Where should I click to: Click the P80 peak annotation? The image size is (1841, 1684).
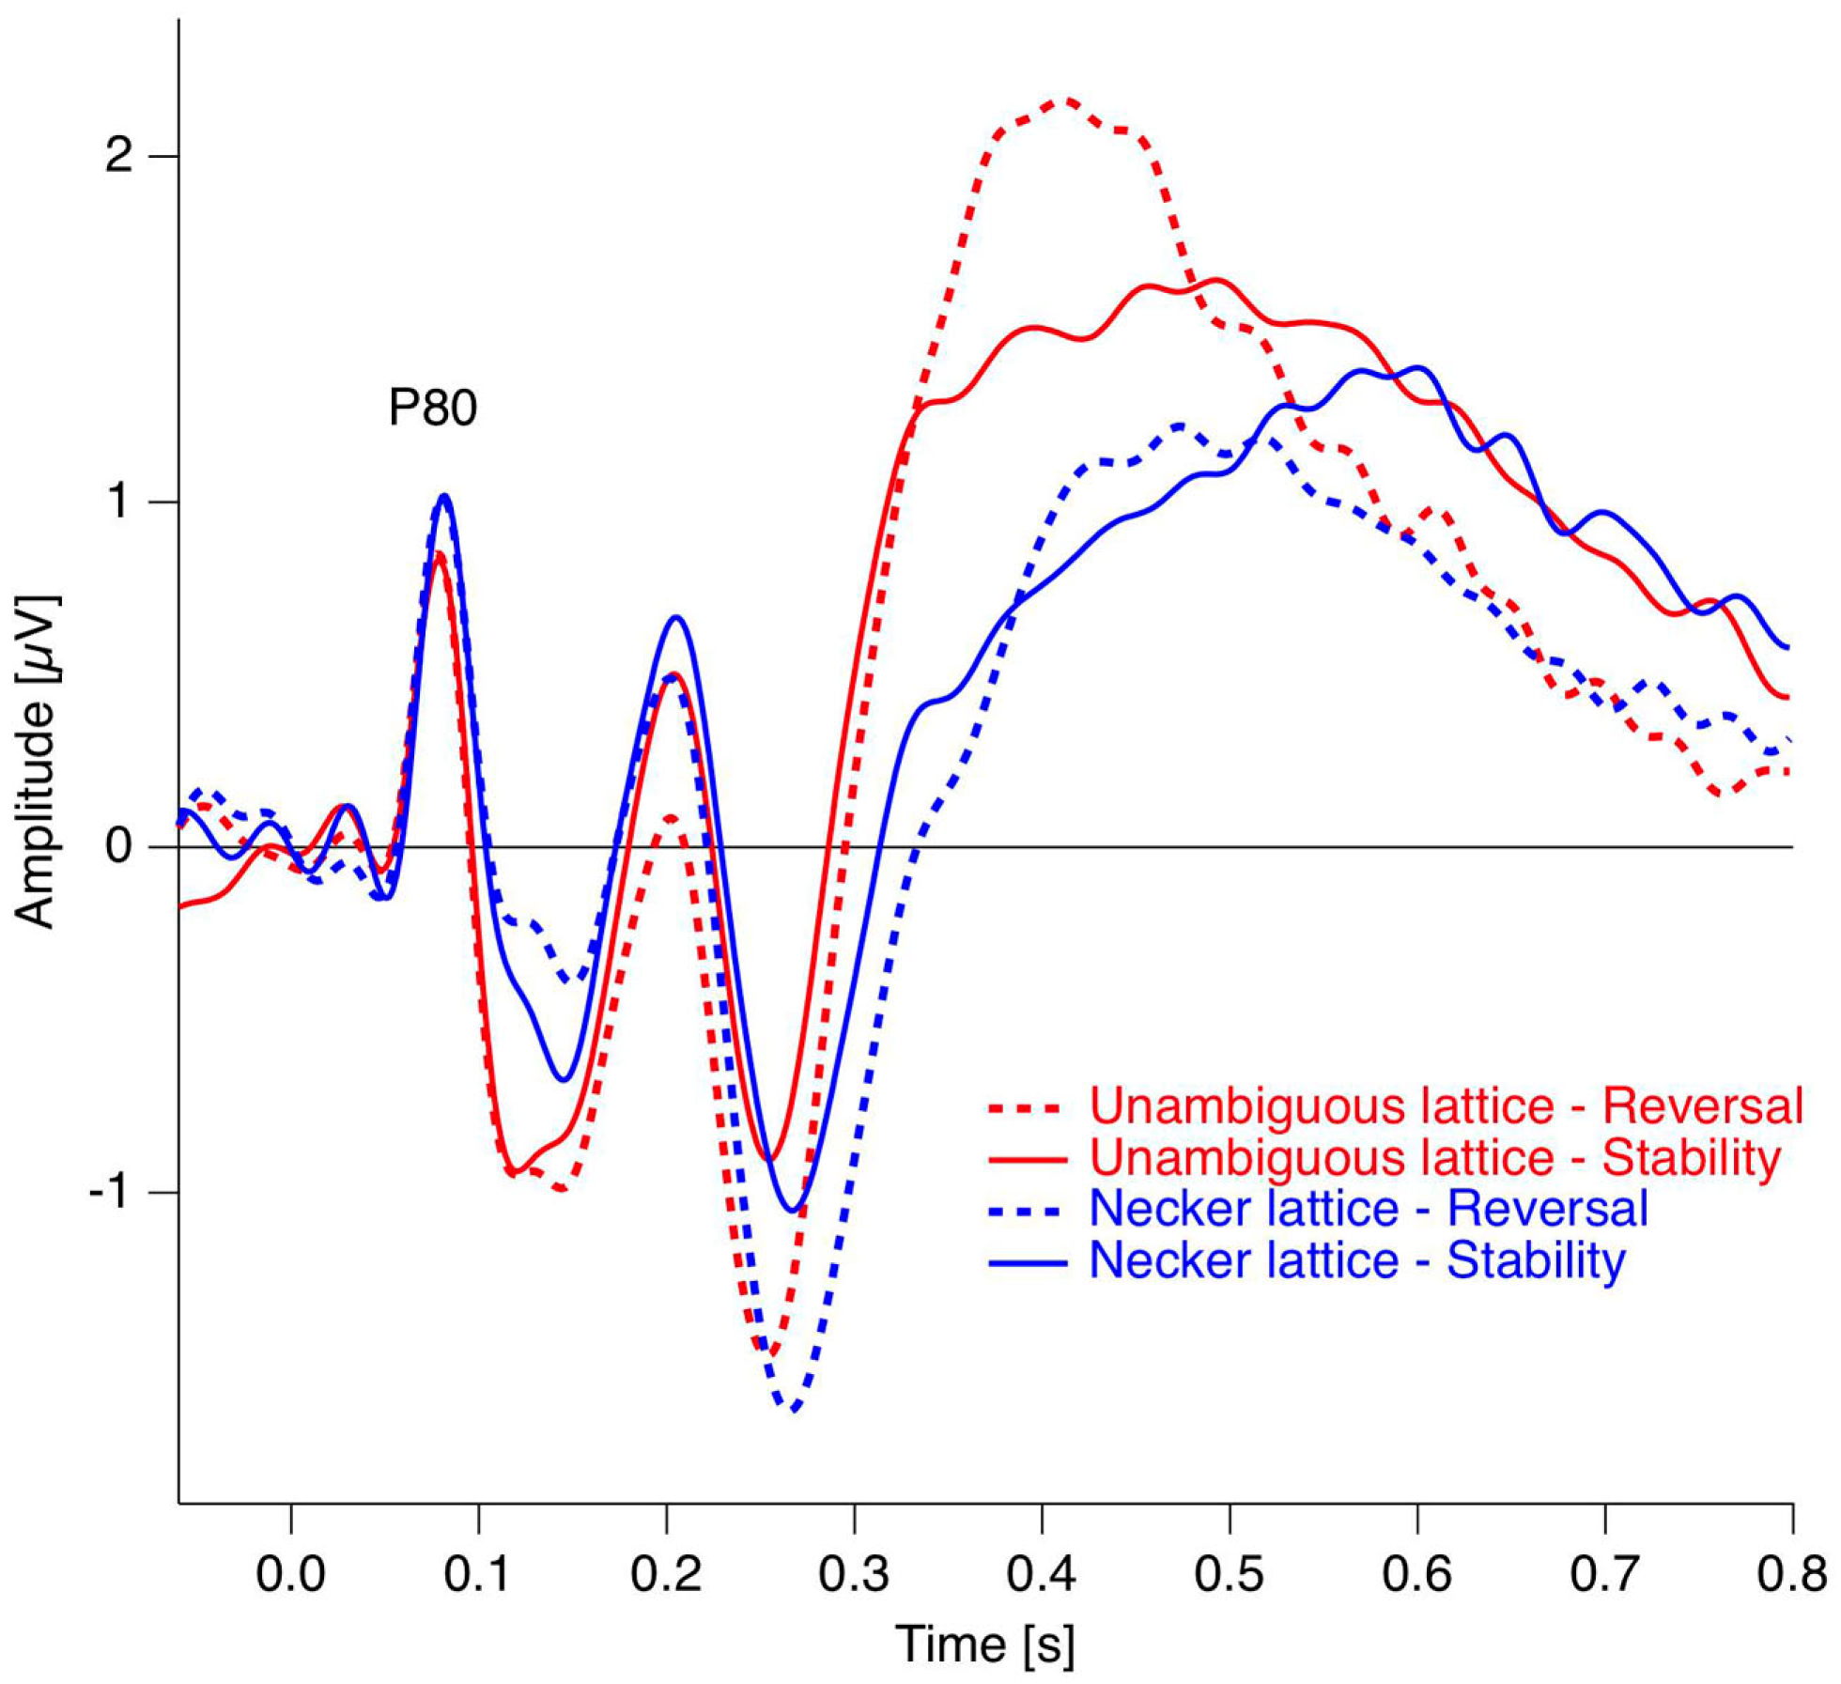tap(432, 408)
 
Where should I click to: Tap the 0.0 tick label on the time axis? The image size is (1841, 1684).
tap(290, 1574)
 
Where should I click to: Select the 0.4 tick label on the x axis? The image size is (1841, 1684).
tap(1042, 1574)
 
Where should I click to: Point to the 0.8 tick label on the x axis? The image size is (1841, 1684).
tap(1791, 1574)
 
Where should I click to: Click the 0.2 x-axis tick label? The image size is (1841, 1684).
tap(666, 1574)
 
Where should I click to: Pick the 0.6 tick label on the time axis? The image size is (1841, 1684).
tap(1416, 1574)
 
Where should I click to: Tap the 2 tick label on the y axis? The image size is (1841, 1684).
tap(118, 156)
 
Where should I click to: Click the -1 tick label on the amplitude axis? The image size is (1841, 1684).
tap(109, 1194)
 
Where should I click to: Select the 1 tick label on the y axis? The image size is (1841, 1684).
tap(118, 502)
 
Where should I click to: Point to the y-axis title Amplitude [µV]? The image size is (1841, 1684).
tap(38, 761)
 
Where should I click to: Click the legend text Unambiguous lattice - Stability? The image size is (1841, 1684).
tap(1434, 1157)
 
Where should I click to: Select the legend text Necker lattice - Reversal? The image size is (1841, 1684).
tap(1368, 1209)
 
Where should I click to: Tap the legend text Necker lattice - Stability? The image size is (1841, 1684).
tap(1356, 1260)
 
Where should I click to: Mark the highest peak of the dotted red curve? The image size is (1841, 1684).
tap(1067, 100)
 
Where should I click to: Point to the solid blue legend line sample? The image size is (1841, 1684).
tap(1028, 1262)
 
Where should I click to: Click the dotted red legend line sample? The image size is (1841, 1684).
tap(1028, 1108)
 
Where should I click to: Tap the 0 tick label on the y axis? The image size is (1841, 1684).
tap(118, 847)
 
